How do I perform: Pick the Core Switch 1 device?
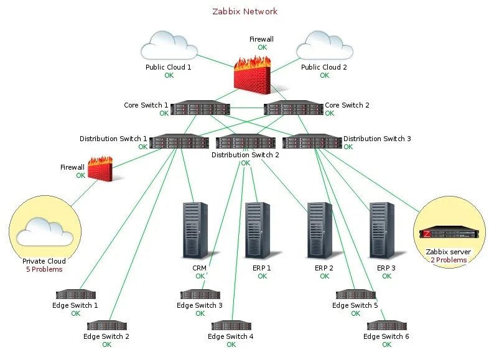tap(200, 109)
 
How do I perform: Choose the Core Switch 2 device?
tap(294, 109)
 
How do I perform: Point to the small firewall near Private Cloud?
tap(100, 168)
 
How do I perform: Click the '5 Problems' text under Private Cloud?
tap(44, 269)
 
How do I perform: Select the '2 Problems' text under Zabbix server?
tap(449, 260)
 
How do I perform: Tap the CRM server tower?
tap(195, 230)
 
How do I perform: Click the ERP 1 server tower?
tap(258, 230)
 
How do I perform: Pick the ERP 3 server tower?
tap(382, 230)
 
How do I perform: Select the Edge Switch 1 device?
tap(75, 294)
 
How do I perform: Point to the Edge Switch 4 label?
tap(231, 336)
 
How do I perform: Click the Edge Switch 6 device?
tap(386, 325)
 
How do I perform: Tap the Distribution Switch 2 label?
tap(245, 155)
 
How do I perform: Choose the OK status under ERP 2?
tap(324, 276)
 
